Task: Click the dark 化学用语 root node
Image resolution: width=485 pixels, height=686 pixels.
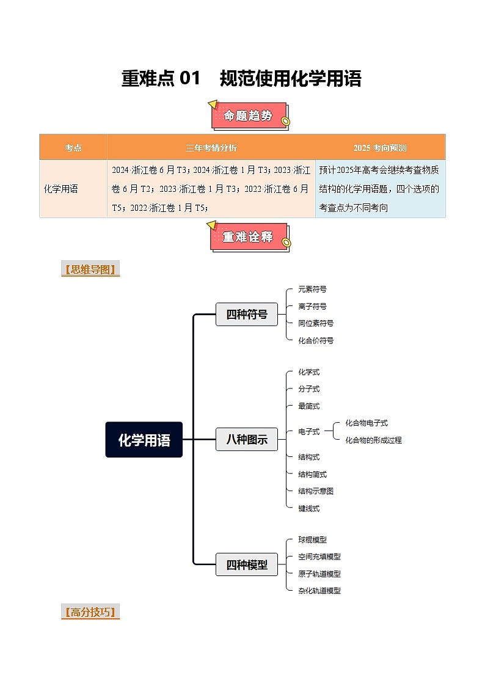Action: tap(144, 439)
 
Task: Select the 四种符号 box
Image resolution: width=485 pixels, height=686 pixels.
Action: tap(246, 314)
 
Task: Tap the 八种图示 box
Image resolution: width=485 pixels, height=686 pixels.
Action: tap(246, 439)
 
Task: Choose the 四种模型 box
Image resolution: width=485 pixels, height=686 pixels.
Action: tap(246, 564)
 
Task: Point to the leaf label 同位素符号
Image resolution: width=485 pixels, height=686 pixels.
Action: tap(316, 323)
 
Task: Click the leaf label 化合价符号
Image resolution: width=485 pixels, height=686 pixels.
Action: tap(316, 340)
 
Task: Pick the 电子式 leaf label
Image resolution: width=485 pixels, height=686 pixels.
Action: tap(308, 431)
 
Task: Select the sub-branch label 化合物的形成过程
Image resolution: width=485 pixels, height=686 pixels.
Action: tap(373, 440)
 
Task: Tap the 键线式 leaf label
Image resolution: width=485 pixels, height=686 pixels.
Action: tap(308, 508)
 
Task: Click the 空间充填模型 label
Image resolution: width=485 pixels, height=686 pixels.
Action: tap(319, 556)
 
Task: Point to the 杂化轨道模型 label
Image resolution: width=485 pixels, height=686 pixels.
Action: tap(319, 591)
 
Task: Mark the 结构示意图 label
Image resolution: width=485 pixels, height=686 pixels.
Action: tap(316, 491)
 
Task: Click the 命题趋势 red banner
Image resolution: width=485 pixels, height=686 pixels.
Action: tap(248, 115)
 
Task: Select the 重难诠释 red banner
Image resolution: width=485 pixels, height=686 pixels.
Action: tap(248, 237)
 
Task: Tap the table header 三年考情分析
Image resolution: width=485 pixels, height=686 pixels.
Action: tap(211, 148)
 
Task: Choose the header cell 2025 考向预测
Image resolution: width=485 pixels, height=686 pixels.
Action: tap(380, 148)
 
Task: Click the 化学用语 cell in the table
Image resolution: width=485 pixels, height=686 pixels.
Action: tap(61, 189)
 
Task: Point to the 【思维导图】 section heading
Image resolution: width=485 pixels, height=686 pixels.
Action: tap(90, 269)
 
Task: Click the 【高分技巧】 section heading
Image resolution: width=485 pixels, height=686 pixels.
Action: tap(90, 612)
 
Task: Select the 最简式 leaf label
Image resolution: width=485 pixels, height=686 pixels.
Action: tap(308, 406)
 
